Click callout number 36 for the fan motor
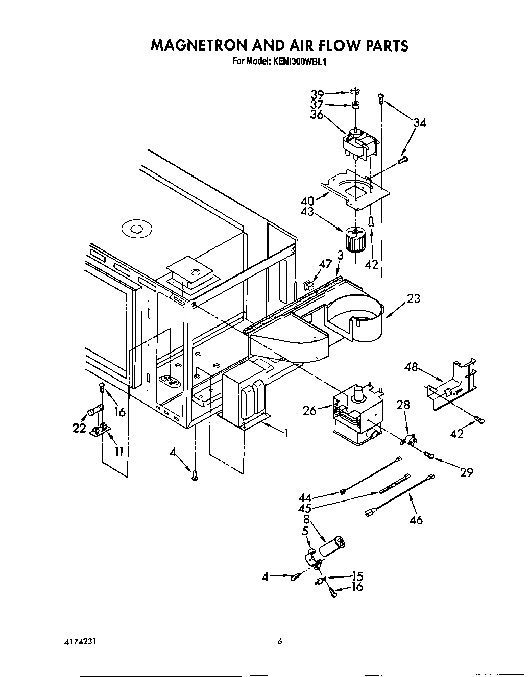[317, 115]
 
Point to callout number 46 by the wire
[416, 520]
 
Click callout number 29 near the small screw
[466, 472]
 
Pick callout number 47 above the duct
[325, 264]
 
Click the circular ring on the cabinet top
[135, 229]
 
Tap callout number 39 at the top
[318, 95]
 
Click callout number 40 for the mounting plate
[307, 201]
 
